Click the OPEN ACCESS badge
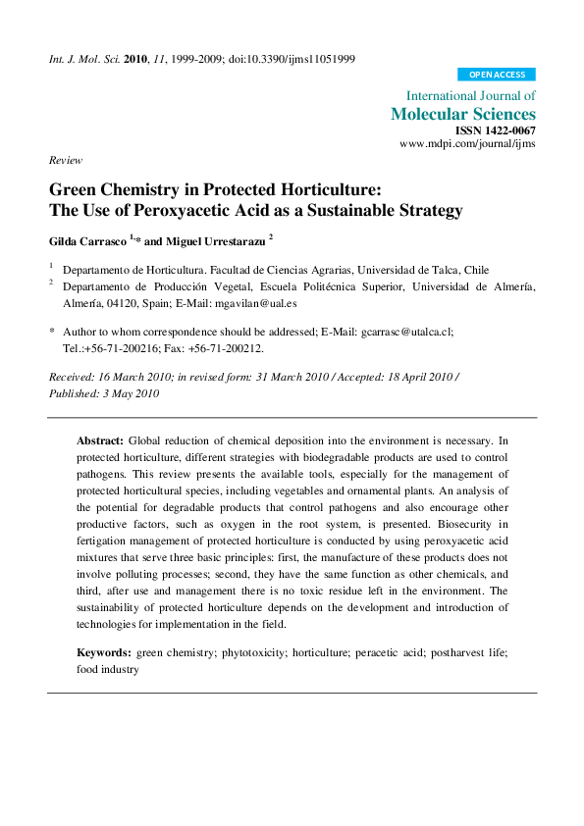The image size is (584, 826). click(497, 75)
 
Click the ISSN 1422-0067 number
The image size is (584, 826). click(496, 130)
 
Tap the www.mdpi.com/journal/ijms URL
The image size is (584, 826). click(467, 144)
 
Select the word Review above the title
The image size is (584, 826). click(66, 161)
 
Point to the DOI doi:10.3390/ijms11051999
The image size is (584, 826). click(292, 59)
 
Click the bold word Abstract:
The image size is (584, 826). click(100, 441)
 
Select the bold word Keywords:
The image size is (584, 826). click(104, 652)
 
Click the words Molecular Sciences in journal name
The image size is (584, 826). click(463, 114)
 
